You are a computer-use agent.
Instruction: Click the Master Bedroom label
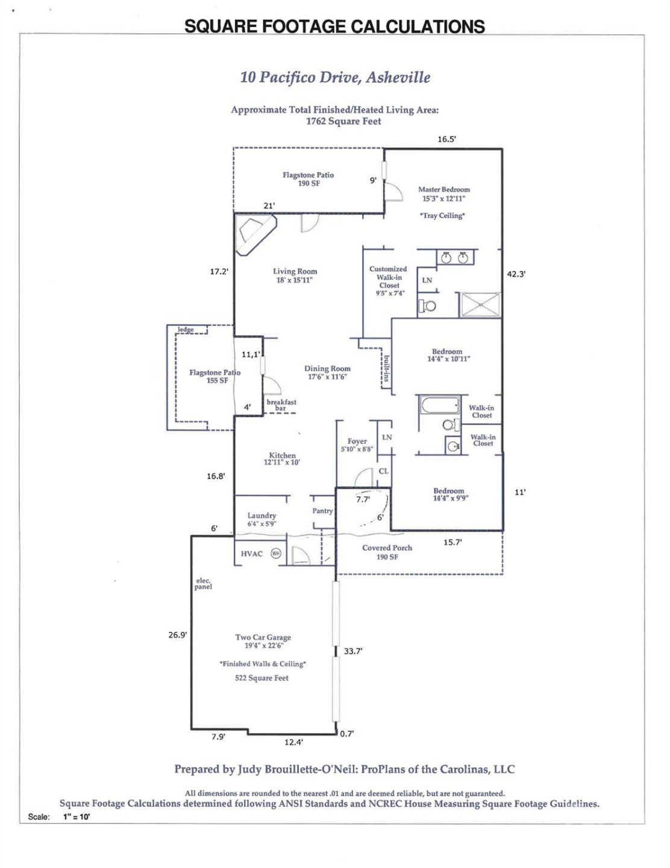coord(444,190)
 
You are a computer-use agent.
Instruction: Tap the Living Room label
coord(295,272)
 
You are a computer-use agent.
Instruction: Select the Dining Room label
coord(327,369)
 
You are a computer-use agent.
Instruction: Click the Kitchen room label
coord(282,456)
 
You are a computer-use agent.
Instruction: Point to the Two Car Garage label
coord(263,637)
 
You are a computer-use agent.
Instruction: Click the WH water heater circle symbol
coord(276,553)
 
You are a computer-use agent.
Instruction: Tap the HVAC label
coord(252,554)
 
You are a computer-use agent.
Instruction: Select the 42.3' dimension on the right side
coord(516,274)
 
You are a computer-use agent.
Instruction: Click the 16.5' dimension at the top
coord(446,139)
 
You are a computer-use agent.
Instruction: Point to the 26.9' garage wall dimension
coord(178,635)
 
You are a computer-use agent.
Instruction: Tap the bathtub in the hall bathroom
coord(440,405)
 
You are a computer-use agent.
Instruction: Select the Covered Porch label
coord(387,548)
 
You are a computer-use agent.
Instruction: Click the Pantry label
coord(322,511)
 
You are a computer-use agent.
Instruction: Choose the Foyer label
coord(357,441)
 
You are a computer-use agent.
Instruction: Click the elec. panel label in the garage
coord(203,583)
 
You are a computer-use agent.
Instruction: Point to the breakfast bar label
coord(281,405)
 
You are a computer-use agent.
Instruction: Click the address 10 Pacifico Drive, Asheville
coord(335,78)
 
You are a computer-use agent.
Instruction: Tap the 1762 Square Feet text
coord(343,121)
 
